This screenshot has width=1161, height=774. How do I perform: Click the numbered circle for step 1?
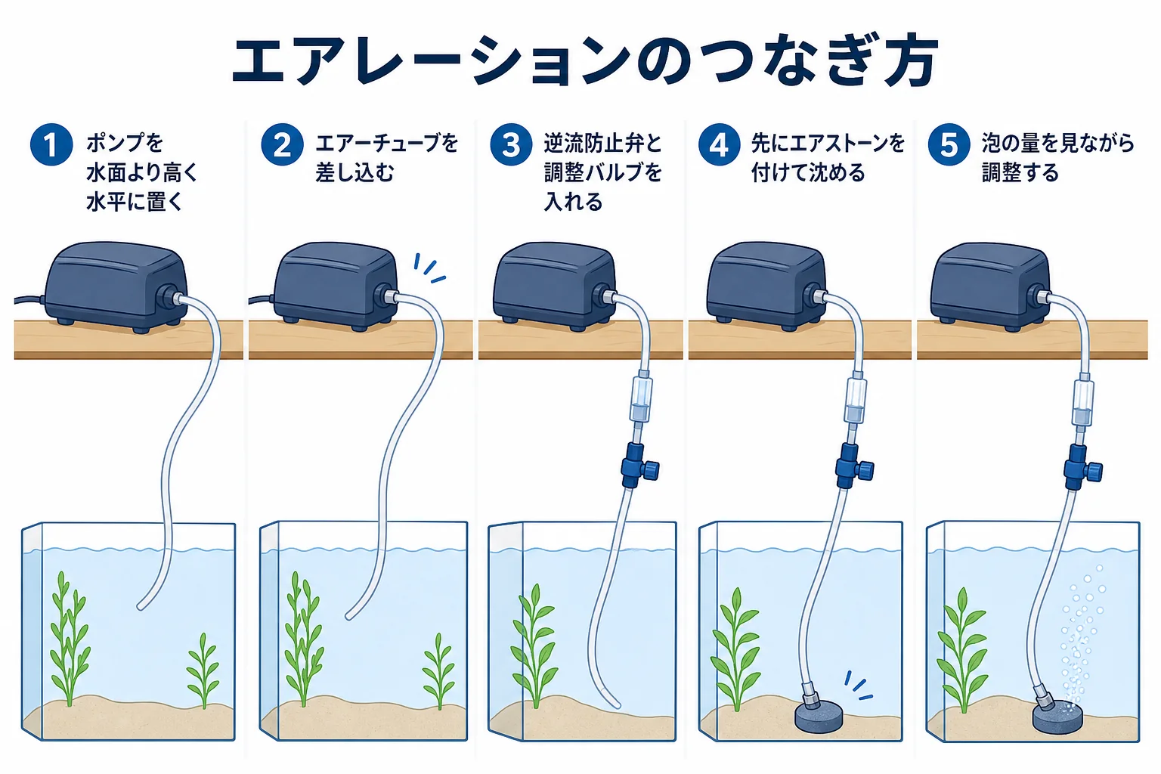(x=51, y=144)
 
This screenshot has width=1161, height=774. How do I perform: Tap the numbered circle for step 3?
(x=511, y=144)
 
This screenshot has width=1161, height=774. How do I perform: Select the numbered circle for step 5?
(x=949, y=144)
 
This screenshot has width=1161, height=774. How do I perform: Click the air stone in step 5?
(x=1057, y=717)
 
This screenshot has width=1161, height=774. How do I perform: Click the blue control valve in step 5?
(x=1082, y=466)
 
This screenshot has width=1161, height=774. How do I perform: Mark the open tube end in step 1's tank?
(x=141, y=605)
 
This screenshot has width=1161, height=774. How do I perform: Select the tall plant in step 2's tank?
(x=302, y=639)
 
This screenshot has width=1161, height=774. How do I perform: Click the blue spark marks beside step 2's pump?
(x=429, y=268)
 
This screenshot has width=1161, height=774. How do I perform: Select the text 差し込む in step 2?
(x=355, y=172)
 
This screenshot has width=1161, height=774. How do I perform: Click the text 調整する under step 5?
(x=1020, y=172)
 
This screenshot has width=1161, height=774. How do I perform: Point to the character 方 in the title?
(x=911, y=60)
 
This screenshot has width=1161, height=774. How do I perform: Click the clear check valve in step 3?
(x=642, y=398)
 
